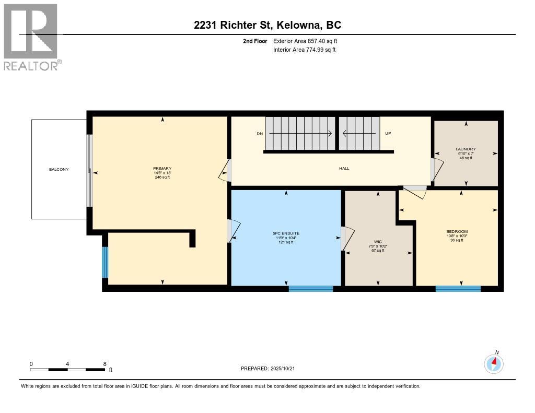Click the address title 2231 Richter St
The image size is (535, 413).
(x=267, y=25)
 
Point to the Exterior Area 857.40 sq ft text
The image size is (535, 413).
(x=309, y=41)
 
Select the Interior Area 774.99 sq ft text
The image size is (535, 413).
(x=304, y=50)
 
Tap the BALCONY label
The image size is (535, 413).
(x=59, y=169)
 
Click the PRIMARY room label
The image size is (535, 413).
(x=162, y=168)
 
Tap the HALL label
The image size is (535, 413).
(x=344, y=168)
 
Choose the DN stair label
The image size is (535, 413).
(x=260, y=134)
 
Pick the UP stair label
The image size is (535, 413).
(x=388, y=134)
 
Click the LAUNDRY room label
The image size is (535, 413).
(x=466, y=149)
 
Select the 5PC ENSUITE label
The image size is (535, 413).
(x=286, y=233)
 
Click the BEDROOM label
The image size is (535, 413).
(x=457, y=231)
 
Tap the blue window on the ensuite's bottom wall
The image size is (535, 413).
(x=310, y=288)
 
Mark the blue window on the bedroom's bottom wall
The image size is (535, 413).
(x=458, y=288)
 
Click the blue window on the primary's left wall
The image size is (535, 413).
(x=105, y=262)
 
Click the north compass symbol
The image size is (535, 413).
(x=494, y=363)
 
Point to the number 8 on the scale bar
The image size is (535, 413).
(x=105, y=364)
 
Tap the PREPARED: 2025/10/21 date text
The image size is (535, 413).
(x=271, y=368)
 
